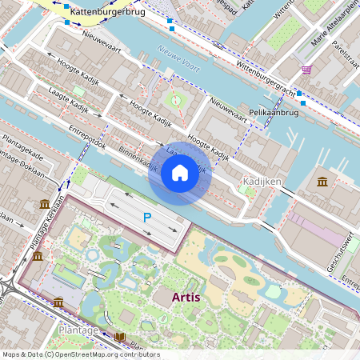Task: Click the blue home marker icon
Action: [180, 172]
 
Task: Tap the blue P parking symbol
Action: [146, 218]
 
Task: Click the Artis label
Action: [186, 298]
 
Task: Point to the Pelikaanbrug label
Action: [274, 113]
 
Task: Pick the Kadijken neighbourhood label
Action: [261, 182]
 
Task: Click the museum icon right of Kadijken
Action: [322, 182]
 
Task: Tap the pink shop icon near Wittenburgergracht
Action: [307, 70]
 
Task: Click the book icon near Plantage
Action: [121, 337]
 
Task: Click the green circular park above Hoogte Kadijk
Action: [176, 101]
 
